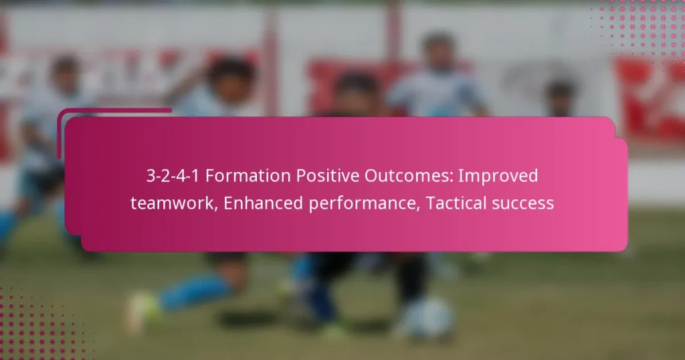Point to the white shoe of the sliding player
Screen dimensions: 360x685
141,311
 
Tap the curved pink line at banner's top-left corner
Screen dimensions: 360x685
74,117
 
